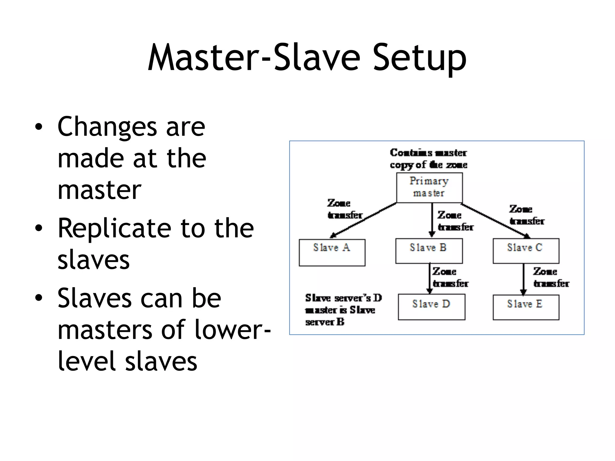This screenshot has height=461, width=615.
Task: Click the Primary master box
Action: click(x=429, y=188)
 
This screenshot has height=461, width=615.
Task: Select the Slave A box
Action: click(x=332, y=252)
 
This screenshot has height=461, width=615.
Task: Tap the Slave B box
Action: click(x=429, y=251)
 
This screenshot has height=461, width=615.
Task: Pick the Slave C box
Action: click(x=526, y=251)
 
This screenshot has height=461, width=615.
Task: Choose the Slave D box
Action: click(x=432, y=307)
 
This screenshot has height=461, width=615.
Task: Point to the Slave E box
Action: click(x=526, y=307)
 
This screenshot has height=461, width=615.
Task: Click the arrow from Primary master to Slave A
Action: click(x=363, y=220)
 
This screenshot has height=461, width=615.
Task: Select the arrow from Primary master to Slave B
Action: click(x=432, y=219)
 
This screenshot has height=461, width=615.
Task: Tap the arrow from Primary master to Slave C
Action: click(x=495, y=221)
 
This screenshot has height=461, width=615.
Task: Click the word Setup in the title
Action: click(x=420, y=58)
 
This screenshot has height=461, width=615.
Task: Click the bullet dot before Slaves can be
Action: click(x=38, y=298)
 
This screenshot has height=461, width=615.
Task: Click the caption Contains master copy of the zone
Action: click(x=429, y=159)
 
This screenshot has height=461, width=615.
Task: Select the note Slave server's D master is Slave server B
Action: click(x=343, y=310)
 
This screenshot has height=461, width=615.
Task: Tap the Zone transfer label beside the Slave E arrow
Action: click(x=551, y=278)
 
